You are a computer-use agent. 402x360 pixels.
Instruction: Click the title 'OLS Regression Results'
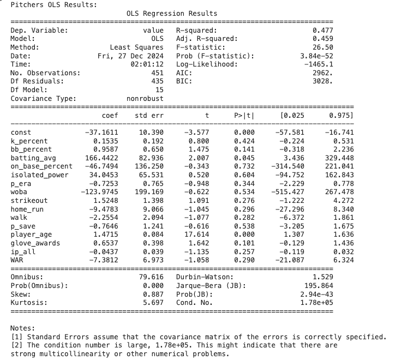[x=172, y=14]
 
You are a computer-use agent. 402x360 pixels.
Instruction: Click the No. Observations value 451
[x=157, y=73]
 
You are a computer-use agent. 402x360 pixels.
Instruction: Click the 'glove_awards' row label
[x=35, y=243]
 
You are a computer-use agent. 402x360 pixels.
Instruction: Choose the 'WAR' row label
[x=17, y=260]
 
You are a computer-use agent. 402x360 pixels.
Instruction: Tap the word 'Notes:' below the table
[x=23, y=328]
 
